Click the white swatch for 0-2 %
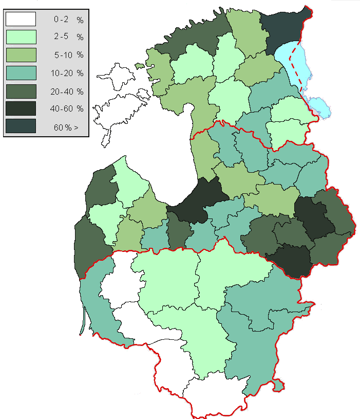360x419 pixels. tap(21, 19)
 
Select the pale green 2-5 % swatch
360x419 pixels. tap(21, 37)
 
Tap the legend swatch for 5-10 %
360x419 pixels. tap(21, 55)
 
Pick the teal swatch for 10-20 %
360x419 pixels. tap(21, 72)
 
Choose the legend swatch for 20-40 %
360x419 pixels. tap(21, 91)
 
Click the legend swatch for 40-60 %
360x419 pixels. tap(21, 108)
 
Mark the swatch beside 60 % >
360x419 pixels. tap(21, 126)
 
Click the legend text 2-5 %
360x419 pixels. tap(68, 37)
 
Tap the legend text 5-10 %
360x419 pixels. tap(68, 55)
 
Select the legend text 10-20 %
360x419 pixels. tap(68, 73)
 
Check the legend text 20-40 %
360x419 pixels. tap(68, 91)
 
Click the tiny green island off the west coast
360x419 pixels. tap(139, 66)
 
